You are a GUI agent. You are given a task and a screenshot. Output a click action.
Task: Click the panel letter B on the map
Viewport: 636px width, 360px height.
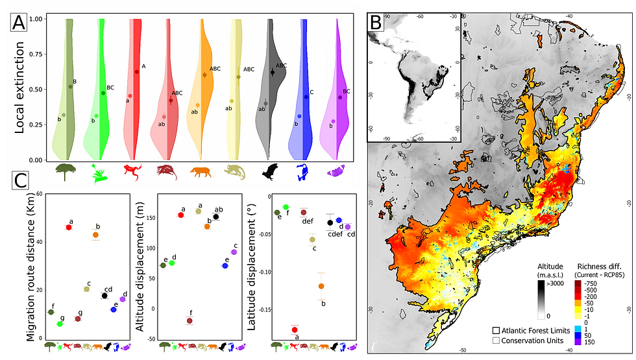point(376,23)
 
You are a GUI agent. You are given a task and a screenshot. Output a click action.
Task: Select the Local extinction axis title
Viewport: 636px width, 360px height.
point(19,89)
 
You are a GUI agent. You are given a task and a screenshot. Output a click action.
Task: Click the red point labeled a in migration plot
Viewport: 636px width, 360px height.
point(69,227)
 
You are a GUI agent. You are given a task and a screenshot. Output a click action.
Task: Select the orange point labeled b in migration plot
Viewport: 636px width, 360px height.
point(95,235)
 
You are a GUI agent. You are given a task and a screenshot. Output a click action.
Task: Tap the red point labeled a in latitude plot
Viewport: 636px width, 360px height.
point(295,330)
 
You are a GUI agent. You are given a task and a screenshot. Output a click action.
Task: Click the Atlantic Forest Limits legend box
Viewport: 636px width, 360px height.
point(497,331)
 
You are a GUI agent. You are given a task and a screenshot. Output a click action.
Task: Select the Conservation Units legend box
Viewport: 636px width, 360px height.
point(497,340)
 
